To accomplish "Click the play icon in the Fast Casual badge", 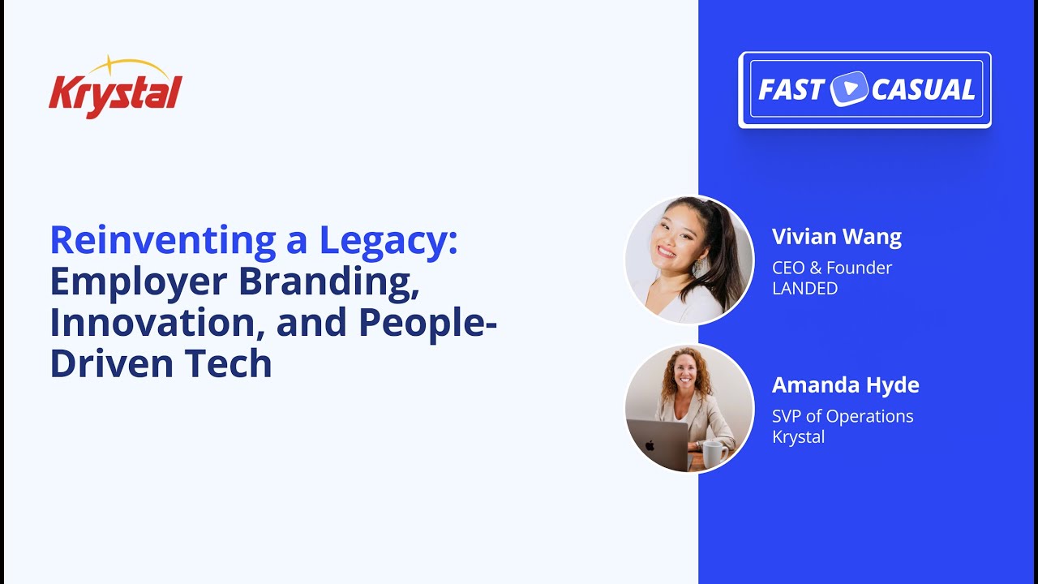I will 848,89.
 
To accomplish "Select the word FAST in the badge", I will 791,90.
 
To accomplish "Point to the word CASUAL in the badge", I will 923,90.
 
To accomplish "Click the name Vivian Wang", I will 836,237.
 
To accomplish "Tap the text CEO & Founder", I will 831,268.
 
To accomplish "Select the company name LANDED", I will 804,288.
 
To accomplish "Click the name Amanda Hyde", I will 845,384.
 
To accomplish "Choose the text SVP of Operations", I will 842,416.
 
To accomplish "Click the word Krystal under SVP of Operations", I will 798,436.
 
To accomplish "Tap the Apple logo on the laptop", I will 650,445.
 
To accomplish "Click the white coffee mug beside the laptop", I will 711,454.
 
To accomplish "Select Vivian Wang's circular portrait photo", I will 689,260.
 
